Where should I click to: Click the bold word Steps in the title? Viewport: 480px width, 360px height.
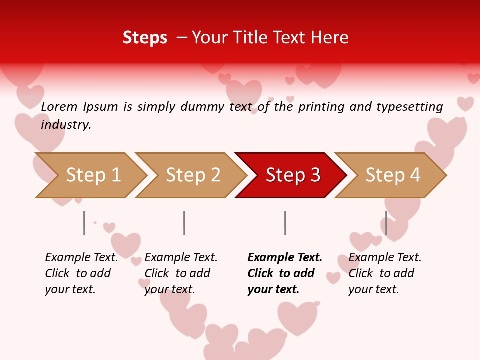(145, 38)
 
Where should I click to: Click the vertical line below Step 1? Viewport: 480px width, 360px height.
(84, 223)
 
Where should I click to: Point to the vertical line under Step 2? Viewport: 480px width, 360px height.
(184, 223)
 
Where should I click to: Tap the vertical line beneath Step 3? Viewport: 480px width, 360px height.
(285, 223)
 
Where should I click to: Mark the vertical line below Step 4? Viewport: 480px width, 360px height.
(386, 223)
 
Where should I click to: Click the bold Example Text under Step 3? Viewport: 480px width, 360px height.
(285, 273)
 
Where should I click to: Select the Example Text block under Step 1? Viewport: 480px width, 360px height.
(81, 273)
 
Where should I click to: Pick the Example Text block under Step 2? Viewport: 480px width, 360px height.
(181, 273)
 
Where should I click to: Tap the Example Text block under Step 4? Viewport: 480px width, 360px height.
(385, 273)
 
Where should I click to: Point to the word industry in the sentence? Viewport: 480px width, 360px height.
(66, 125)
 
